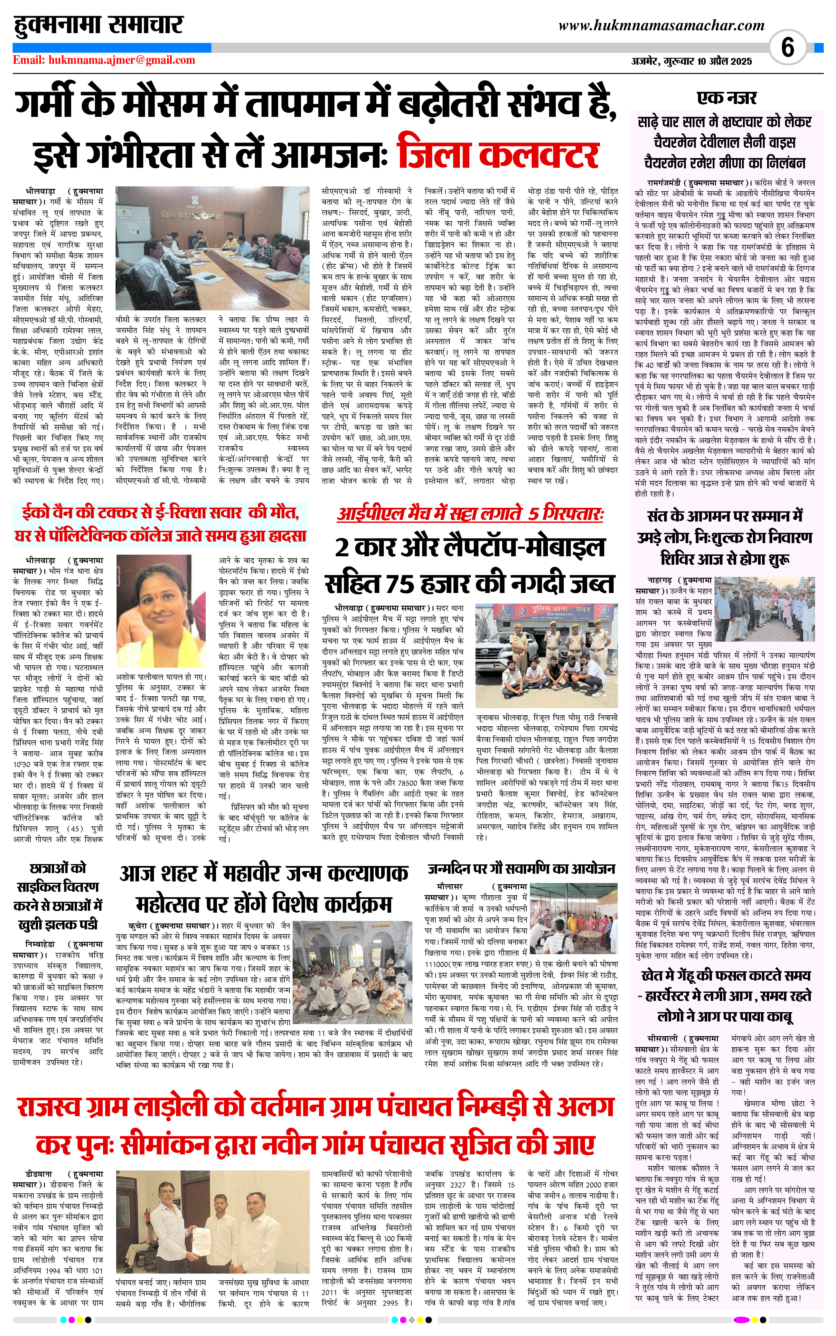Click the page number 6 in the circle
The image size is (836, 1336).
(x=787, y=48)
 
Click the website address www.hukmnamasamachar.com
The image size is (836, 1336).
(x=661, y=25)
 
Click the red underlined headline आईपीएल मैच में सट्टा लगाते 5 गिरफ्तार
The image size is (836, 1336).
(x=470, y=514)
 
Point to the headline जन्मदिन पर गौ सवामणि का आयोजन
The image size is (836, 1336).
(x=521, y=869)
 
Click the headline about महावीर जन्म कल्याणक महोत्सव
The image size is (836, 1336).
(x=264, y=889)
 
